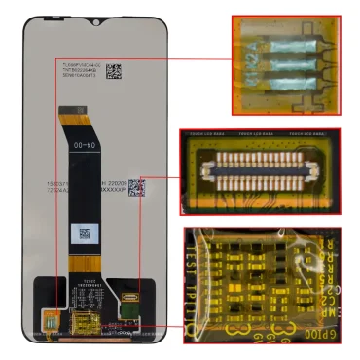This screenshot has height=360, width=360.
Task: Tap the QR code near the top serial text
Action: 113,70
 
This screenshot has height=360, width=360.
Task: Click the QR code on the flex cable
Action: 84,234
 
